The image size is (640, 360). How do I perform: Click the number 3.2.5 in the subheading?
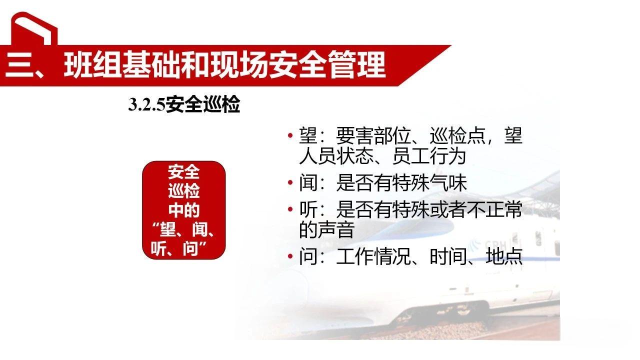pyautogui.click(x=146, y=105)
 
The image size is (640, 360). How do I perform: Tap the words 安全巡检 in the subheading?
pyautogui.click(x=202, y=105)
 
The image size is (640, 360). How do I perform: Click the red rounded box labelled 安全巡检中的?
pyautogui.click(x=184, y=210)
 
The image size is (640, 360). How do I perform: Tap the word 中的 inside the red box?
pyautogui.click(x=184, y=210)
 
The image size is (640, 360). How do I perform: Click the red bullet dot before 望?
pyautogui.click(x=290, y=136)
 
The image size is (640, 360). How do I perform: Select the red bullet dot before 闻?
pyautogui.click(x=290, y=183)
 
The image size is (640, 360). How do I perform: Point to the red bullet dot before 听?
pyautogui.click(x=290, y=210)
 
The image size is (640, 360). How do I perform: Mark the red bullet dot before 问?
pyautogui.click(x=290, y=257)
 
